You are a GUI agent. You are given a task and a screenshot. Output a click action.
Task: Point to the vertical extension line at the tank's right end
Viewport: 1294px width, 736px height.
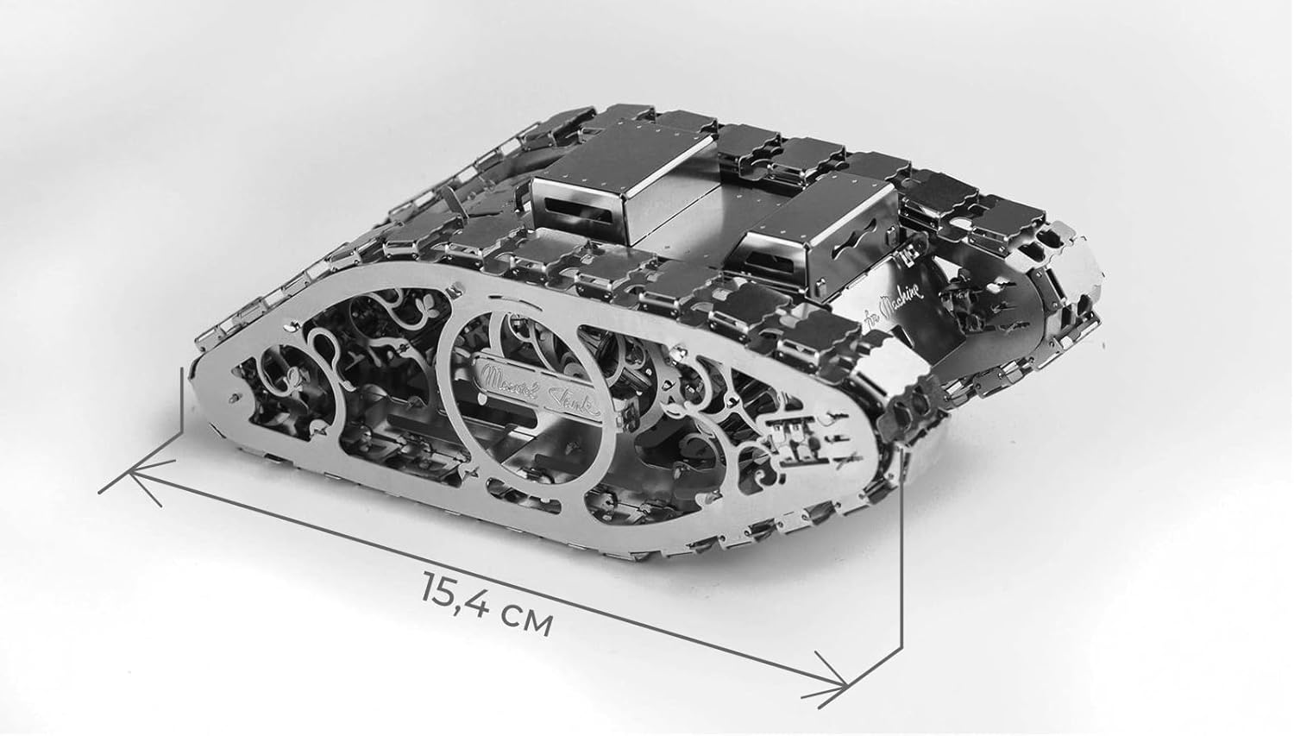click(x=901, y=552)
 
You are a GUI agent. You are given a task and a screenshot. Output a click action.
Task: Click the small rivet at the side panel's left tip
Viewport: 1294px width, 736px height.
click(x=236, y=398)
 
